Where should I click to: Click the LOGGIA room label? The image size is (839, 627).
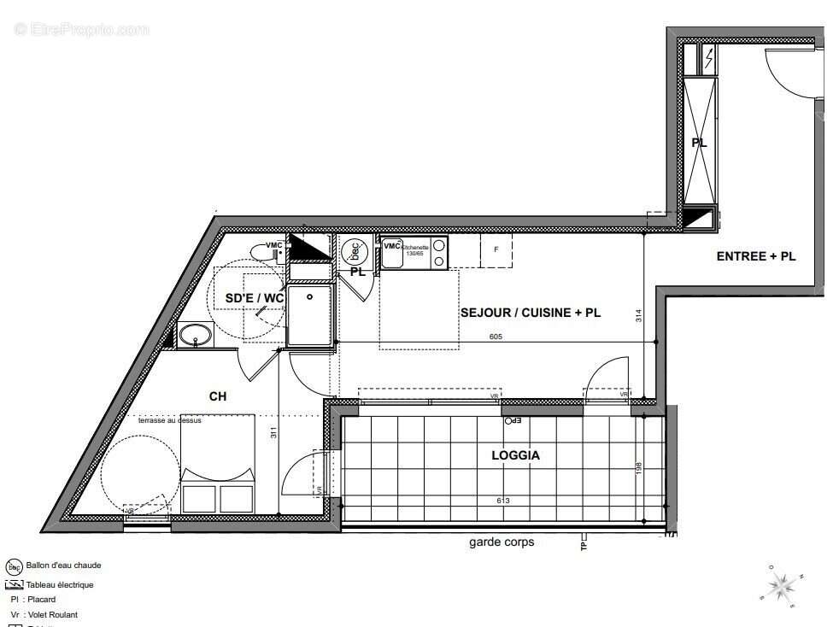515,455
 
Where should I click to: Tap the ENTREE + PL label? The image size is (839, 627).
756,255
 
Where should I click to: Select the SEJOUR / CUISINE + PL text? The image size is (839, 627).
530,313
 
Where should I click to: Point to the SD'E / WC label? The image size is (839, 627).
254,297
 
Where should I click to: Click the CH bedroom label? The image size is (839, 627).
218,396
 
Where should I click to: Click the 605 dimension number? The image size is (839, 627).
496,337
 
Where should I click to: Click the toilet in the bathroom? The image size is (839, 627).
263,251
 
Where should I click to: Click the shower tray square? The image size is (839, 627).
309,315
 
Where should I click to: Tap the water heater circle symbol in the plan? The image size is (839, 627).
353,251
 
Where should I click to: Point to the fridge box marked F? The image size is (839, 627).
496,250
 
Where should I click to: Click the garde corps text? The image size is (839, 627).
502,542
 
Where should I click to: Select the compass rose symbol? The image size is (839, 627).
780,585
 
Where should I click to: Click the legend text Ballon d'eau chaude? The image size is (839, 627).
63,565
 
